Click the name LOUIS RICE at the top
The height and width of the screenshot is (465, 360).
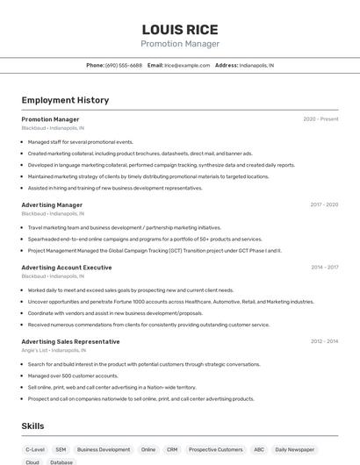(x=180, y=29)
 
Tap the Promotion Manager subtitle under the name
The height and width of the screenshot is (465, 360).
(x=180, y=44)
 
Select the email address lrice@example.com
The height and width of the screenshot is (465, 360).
(x=187, y=65)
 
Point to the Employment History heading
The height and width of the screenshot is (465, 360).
(x=65, y=100)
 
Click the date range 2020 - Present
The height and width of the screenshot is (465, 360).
(x=320, y=118)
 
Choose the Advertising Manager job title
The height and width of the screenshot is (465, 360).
(x=52, y=204)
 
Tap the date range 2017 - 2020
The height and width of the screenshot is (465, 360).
(x=323, y=204)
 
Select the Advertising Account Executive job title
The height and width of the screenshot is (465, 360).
(x=67, y=267)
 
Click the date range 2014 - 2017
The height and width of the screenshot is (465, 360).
(x=323, y=267)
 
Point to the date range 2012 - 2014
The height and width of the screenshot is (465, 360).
(x=323, y=341)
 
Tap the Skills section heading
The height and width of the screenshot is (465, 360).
(x=33, y=426)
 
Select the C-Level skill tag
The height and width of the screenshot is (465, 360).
(x=35, y=449)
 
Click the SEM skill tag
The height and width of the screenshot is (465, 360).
(x=61, y=449)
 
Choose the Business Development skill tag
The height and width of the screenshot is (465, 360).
(x=104, y=449)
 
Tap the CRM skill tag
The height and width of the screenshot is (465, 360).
(x=172, y=449)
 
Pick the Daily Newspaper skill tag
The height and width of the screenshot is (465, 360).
(x=296, y=449)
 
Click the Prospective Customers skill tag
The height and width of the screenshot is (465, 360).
(x=216, y=449)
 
